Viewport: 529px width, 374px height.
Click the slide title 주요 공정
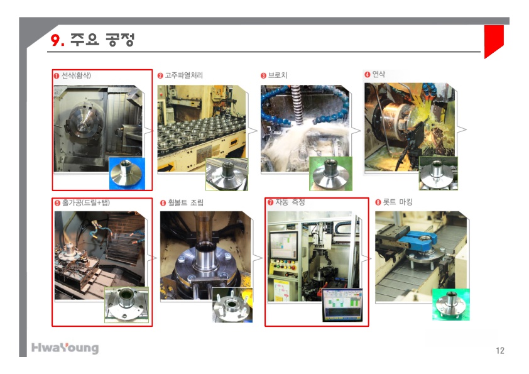click(x=102, y=40)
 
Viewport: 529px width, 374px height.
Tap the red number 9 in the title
click(x=55, y=40)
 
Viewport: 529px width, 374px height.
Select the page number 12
click(x=500, y=351)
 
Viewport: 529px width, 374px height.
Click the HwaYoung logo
click(x=65, y=348)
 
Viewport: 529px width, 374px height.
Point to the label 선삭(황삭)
click(x=76, y=75)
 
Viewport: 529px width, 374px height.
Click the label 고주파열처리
click(x=183, y=75)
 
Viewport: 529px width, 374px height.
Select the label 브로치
click(x=277, y=75)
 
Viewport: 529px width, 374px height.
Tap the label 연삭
click(x=379, y=74)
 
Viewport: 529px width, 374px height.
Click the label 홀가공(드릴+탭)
click(x=85, y=202)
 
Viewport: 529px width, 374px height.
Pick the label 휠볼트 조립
click(x=186, y=202)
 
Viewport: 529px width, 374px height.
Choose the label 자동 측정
click(x=290, y=202)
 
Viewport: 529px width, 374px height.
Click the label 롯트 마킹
click(x=398, y=202)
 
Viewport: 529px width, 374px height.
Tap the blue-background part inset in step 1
click(x=127, y=173)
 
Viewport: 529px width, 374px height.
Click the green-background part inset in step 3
click(x=330, y=173)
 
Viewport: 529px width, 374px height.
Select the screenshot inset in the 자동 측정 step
click(x=342, y=305)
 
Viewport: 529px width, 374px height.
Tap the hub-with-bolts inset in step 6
click(x=232, y=305)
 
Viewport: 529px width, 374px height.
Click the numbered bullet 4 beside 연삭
click(x=368, y=75)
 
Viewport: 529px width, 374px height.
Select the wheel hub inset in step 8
click(x=450, y=304)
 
